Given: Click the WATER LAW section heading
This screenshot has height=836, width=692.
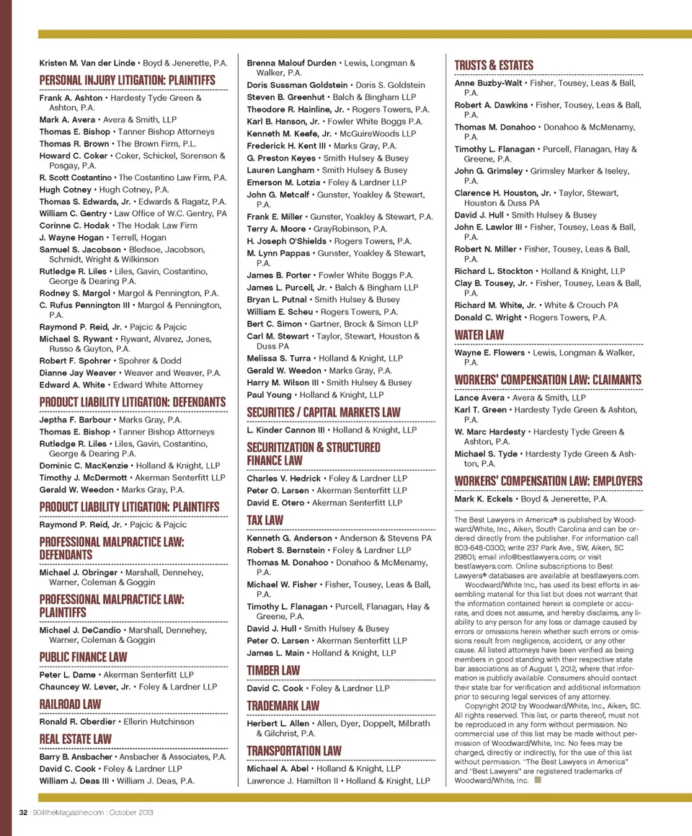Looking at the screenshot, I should [x=479, y=335].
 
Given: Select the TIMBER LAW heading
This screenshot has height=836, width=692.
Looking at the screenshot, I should [x=273, y=670].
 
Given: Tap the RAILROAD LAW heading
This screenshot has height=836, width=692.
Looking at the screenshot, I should [x=70, y=704].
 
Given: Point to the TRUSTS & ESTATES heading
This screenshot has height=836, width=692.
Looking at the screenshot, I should [x=494, y=66].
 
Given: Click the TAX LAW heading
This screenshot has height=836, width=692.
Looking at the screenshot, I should [x=265, y=520].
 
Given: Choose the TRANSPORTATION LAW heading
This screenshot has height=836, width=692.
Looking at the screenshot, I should [x=294, y=751].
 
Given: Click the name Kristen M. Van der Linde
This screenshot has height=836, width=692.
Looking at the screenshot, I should [x=87, y=63].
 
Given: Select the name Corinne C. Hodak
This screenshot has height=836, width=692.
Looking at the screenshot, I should [x=75, y=226].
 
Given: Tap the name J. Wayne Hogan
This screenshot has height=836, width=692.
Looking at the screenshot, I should [x=71, y=238].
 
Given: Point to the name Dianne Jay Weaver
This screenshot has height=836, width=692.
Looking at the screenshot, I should [x=78, y=373].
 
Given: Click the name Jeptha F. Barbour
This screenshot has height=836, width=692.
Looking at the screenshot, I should [x=75, y=419].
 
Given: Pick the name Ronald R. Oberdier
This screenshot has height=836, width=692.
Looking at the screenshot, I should [x=77, y=721].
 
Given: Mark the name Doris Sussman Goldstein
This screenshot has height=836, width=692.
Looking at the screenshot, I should [x=297, y=85].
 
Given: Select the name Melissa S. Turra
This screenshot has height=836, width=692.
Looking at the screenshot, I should [x=279, y=358].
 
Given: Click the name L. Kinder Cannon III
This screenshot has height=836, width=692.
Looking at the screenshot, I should [x=285, y=430].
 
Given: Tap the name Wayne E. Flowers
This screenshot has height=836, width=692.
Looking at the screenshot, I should [x=489, y=353].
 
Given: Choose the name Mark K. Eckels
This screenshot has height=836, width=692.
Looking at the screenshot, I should [x=482, y=499].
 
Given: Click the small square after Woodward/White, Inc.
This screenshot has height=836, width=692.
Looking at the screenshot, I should [x=538, y=780].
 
